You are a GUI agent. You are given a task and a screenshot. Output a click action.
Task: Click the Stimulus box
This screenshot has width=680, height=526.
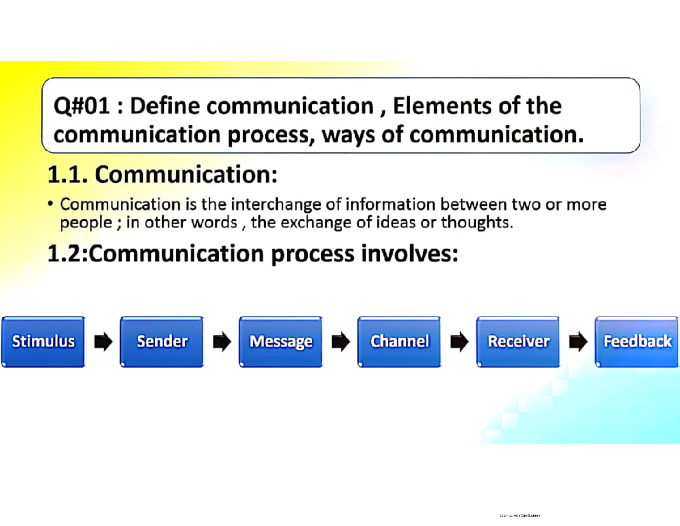tap(43, 342)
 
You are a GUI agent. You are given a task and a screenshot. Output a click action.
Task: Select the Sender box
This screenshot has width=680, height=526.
tap(161, 342)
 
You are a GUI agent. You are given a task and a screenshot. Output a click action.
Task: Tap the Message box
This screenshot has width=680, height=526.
tap(280, 342)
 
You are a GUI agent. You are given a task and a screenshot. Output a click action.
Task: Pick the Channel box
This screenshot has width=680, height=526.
tap(399, 342)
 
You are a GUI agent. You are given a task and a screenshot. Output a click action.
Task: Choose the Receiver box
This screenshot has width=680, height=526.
tap(518, 342)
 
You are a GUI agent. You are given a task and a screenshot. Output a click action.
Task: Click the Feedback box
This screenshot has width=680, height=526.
tap(637, 342)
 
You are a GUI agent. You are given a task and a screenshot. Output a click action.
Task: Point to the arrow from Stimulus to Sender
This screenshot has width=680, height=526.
tap(103, 342)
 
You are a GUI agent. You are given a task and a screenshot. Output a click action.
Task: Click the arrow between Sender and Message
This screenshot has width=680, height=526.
tap(222, 342)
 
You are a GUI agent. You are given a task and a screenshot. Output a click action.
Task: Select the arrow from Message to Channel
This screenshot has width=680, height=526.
tap(340, 342)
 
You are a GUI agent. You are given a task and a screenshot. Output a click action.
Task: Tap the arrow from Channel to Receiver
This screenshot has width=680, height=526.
tap(459, 342)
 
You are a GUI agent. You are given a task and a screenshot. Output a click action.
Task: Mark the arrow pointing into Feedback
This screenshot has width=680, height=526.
tap(577, 342)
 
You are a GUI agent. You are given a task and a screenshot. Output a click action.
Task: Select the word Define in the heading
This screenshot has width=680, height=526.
tap(165, 106)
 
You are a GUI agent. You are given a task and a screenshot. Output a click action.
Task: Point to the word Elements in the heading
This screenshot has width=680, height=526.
tap(440, 106)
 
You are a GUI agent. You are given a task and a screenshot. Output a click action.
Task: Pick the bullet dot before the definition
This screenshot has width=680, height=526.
tap(51, 203)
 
